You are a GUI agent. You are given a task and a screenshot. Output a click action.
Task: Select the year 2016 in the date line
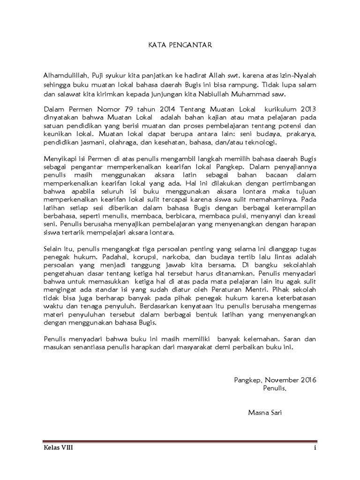(307, 380)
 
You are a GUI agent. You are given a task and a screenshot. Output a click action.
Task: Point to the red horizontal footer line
(180, 442)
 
